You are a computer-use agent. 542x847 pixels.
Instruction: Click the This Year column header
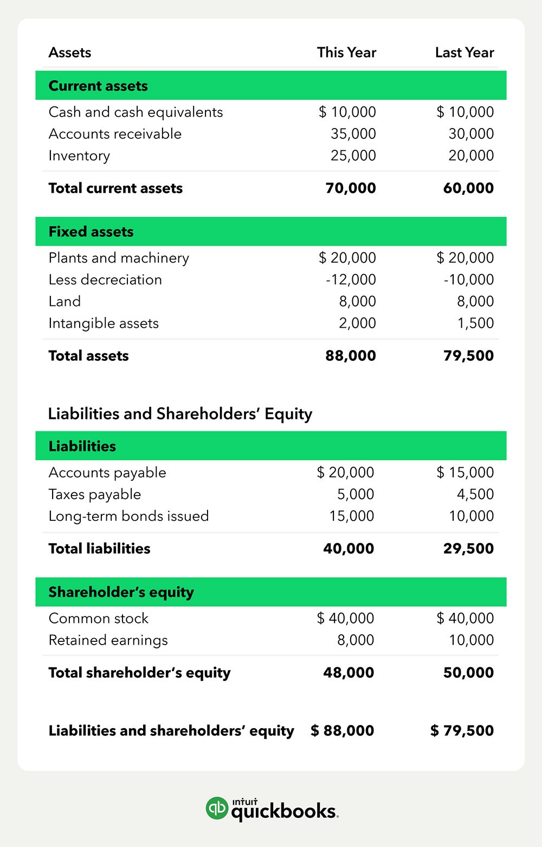[x=346, y=53]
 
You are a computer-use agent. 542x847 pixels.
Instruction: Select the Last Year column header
[x=464, y=53]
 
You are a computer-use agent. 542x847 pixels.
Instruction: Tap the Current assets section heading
[x=98, y=86]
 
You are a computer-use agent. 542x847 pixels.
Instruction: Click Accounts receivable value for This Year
[x=353, y=133]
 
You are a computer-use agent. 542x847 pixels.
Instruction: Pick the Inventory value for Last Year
[x=471, y=155]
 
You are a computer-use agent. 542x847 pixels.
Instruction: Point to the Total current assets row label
[x=115, y=188]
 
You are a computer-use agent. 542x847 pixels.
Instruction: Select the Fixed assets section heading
[x=91, y=232]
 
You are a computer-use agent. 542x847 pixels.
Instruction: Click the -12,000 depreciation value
[x=351, y=279]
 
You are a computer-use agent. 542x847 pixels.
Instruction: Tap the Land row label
[x=64, y=301]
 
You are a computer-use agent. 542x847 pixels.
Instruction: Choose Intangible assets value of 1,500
[x=475, y=323]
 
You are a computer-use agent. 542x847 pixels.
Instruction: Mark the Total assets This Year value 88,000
[x=351, y=356]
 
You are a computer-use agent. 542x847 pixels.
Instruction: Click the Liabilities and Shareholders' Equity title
[x=180, y=413]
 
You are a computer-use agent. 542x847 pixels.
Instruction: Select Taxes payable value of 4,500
[x=475, y=494]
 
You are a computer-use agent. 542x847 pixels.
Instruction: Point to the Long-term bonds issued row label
[x=128, y=516]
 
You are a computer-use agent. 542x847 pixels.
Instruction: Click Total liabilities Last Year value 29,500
[x=468, y=549]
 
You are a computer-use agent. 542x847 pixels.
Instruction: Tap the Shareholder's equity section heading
[x=121, y=592]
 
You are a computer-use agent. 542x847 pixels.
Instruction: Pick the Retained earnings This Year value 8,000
[x=356, y=640]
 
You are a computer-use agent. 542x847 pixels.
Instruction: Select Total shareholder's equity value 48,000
[x=349, y=673]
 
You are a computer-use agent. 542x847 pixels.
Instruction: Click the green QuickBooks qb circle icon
[x=217, y=808]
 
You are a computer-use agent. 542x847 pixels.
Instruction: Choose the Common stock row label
[x=98, y=618]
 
